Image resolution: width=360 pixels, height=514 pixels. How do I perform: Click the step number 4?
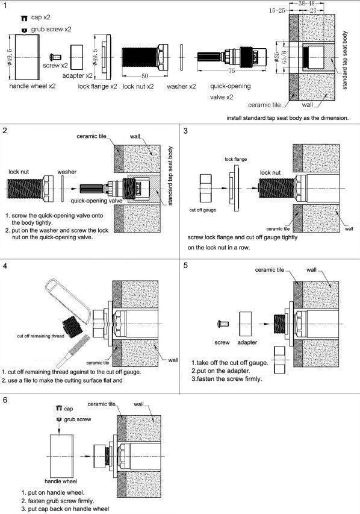click(5, 266)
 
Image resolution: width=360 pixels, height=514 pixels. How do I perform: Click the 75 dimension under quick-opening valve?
click(232, 71)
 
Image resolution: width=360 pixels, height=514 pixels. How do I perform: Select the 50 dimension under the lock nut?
click(144, 76)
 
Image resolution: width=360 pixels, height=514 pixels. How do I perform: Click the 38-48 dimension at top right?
click(306, 4)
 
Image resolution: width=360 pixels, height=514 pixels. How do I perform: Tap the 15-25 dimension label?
click(277, 10)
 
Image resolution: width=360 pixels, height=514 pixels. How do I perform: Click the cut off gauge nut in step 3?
click(205, 188)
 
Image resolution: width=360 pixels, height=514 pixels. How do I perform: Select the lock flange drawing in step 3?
click(236, 188)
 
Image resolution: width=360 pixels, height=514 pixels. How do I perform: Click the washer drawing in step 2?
click(63, 189)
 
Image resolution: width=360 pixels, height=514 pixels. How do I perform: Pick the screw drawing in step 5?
click(223, 324)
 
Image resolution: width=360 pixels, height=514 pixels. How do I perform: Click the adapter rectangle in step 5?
click(246, 324)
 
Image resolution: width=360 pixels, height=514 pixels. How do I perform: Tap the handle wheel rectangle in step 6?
click(61, 456)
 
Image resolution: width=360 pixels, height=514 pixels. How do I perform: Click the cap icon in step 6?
click(59, 408)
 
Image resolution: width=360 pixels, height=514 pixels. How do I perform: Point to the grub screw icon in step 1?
click(24, 30)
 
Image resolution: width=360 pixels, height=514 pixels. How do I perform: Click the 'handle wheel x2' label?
click(33, 86)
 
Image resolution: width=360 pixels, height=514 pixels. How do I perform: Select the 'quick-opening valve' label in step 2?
click(97, 201)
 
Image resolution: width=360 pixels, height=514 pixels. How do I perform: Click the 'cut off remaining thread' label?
click(40, 336)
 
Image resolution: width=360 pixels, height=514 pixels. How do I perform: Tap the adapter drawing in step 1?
click(76, 57)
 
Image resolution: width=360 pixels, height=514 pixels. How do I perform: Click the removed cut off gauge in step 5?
click(281, 360)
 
